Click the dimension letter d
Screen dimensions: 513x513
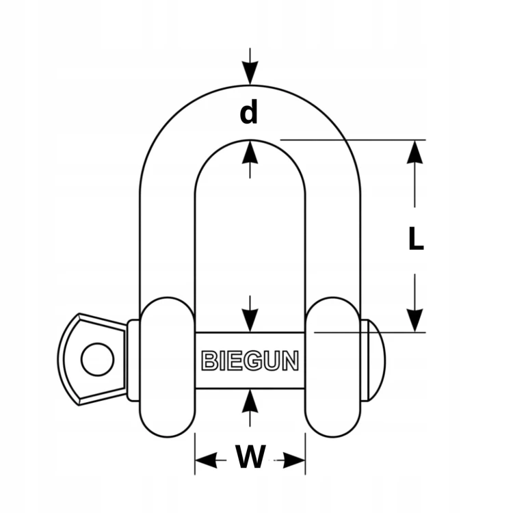coord(249,111)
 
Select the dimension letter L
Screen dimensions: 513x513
coord(416,239)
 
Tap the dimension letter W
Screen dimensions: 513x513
coord(250,456)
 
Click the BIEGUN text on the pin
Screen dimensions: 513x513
coord(250,360)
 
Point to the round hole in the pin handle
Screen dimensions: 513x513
coord(98,359)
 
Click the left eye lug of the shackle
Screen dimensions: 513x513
coord(167,367)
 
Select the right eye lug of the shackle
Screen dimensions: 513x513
coord(333,367)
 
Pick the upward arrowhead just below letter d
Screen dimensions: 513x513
coord(250,152)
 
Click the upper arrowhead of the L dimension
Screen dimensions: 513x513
coord(415,152)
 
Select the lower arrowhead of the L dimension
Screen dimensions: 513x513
coord(415,320)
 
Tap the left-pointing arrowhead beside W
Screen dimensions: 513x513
coord(207,460)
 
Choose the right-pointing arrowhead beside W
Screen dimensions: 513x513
coord(294,460)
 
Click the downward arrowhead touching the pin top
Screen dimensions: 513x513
coord(250,320)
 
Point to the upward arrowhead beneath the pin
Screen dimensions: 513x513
coord(250,402)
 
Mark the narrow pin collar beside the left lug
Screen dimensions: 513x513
coord(133,360)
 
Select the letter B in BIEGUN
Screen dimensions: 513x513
coord(209,360)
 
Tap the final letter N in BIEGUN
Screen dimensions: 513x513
coord(291,360)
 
